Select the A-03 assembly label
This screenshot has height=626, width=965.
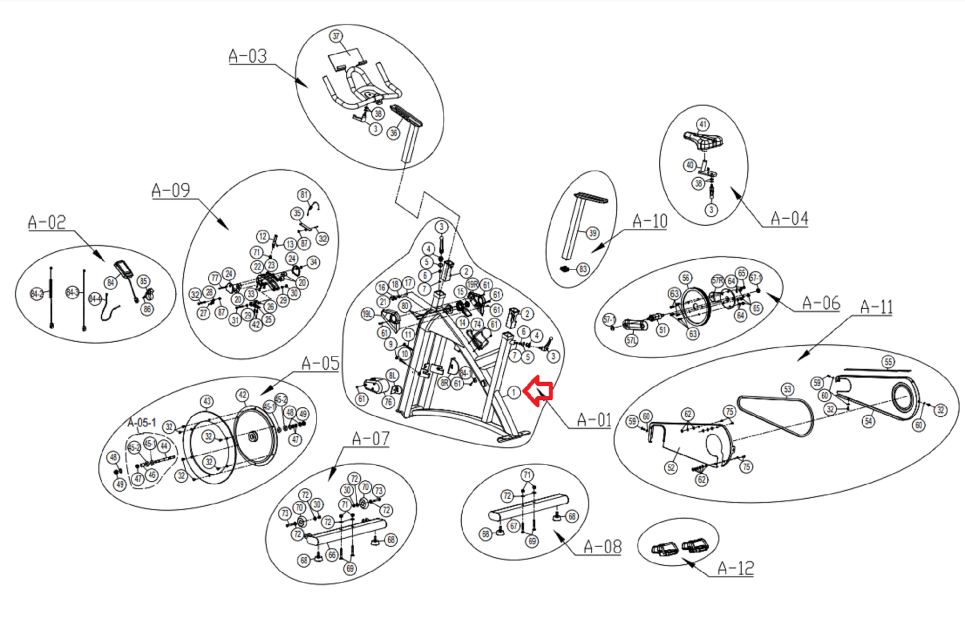248,56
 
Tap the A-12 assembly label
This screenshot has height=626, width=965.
736,568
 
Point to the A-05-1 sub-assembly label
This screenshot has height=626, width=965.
141,422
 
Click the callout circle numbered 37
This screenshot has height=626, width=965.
336,36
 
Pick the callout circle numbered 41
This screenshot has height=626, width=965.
703,124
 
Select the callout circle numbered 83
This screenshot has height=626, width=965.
583,269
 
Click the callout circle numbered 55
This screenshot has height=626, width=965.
888,362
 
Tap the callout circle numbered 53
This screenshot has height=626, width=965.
788,389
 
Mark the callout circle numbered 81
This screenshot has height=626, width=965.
304,195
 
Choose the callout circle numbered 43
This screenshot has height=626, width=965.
207,401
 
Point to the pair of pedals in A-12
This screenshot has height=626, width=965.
678,548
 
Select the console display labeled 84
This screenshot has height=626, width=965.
125,269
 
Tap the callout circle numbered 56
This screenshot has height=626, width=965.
686,278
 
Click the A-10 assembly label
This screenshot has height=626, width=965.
650,221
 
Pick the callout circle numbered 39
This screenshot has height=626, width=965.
593,233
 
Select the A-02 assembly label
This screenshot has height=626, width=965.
47,222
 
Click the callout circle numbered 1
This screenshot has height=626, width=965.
514,392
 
